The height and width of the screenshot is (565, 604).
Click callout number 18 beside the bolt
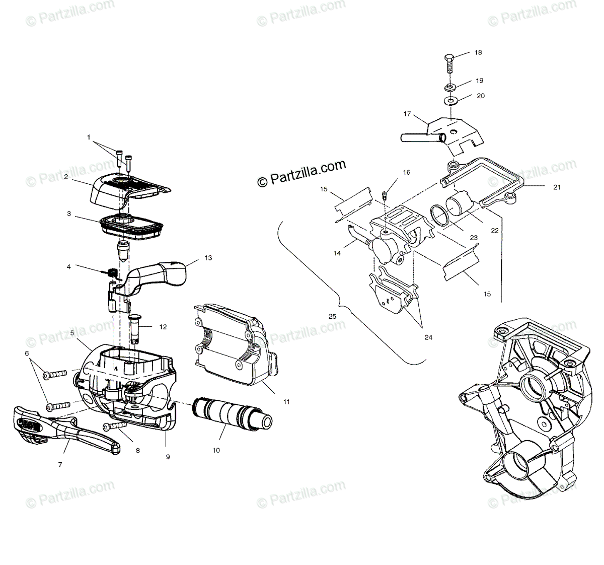tap(478, 52)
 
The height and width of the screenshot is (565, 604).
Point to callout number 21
tap(557, 187)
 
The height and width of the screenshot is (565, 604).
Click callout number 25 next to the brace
tap(332, 316)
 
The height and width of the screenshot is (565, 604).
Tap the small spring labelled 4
tap(112, 273)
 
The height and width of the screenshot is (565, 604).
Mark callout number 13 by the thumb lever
tap(208, 257)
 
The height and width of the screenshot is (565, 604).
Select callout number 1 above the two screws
tap(89, 136)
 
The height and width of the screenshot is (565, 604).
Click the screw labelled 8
tap(115, 426)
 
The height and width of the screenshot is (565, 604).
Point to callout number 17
tap(406, 114)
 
